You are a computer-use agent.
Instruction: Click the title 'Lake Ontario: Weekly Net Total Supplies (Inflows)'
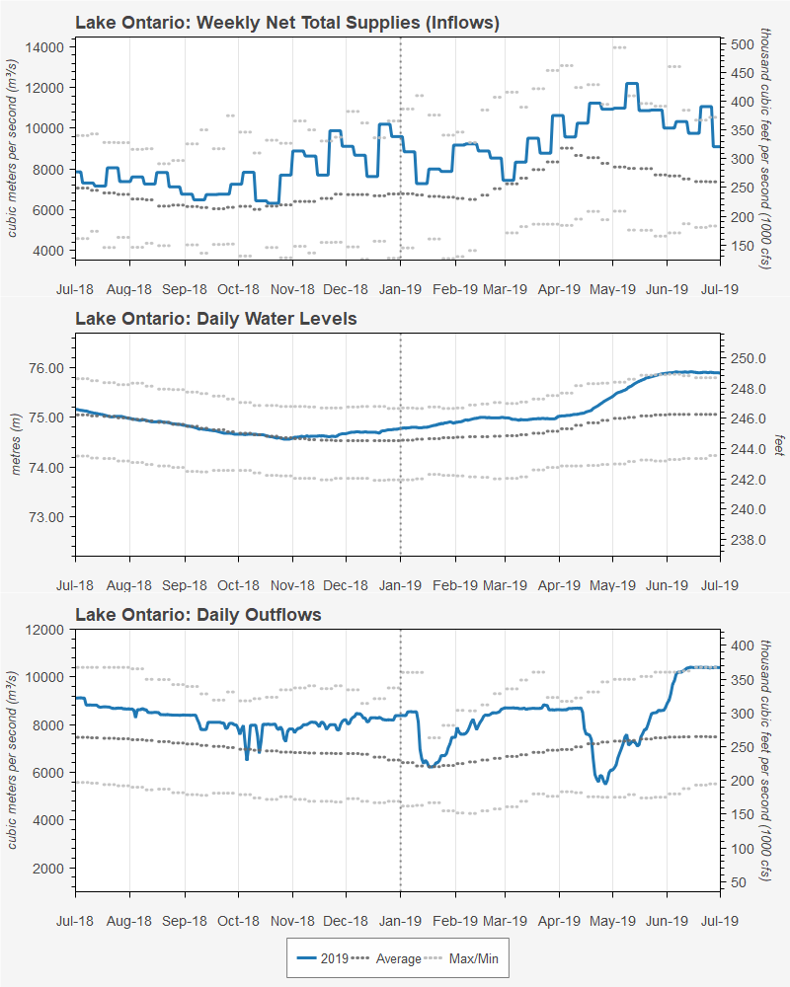[x=287, y=22]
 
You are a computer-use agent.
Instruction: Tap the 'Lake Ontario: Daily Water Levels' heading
[x=216, y=319]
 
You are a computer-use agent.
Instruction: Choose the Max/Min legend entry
[x=463, y=958]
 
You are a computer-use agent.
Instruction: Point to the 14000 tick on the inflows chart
[x=43, y=46]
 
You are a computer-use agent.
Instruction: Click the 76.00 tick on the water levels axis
[x=46, y=368]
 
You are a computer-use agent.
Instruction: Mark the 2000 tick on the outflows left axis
[x=47, y=869]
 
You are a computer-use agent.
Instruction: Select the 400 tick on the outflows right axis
[x=743, y=645]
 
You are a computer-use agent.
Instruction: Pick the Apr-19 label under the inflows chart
[x=559, y=289]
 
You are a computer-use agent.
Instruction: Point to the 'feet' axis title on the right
[x=778, y=445]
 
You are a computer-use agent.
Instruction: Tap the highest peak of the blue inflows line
[x=632, y=84]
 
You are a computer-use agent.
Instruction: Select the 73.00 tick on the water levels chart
[x=46, y=517]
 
